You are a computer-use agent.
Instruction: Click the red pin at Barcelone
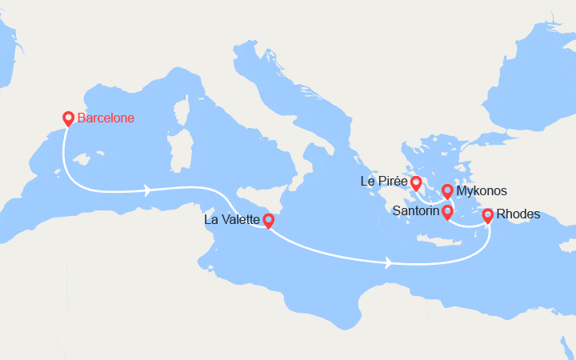[x=68, y=118]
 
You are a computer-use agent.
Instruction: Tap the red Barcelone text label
[x=106, y=118]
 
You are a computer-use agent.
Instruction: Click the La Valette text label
[x=232, y=218]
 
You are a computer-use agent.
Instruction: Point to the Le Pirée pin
[x=416, y=182]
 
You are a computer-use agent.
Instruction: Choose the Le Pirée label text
[x=384, y=182]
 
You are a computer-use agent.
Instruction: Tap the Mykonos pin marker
[x=447, y=191]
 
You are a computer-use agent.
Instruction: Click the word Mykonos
[x=482, y=192]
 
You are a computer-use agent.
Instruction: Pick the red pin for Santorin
[x=447, y=211]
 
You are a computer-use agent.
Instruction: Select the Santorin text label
[x=414, y=211]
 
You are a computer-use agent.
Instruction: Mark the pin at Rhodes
[x=487, y=214]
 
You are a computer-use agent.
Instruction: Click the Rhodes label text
[x=518, y=214]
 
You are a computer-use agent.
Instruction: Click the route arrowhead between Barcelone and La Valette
[x=147, y=190]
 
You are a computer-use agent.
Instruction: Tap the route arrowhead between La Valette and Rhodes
[x=389, y=262]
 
